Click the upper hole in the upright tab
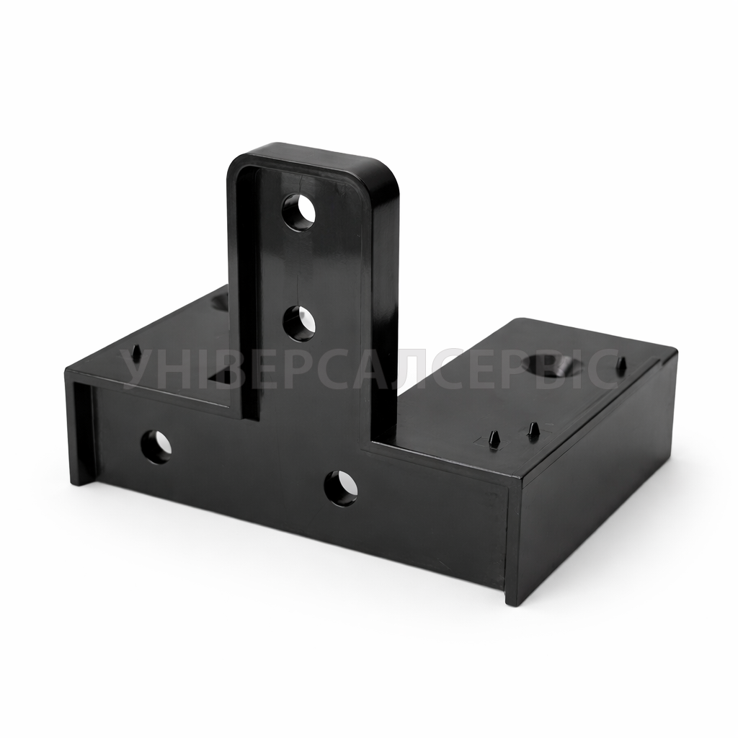point(299,213)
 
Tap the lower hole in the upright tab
point(299,323)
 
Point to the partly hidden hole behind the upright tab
point(219,301)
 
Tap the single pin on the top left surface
point(137,352)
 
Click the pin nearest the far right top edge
point(622,363)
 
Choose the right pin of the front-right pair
point(533,428)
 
